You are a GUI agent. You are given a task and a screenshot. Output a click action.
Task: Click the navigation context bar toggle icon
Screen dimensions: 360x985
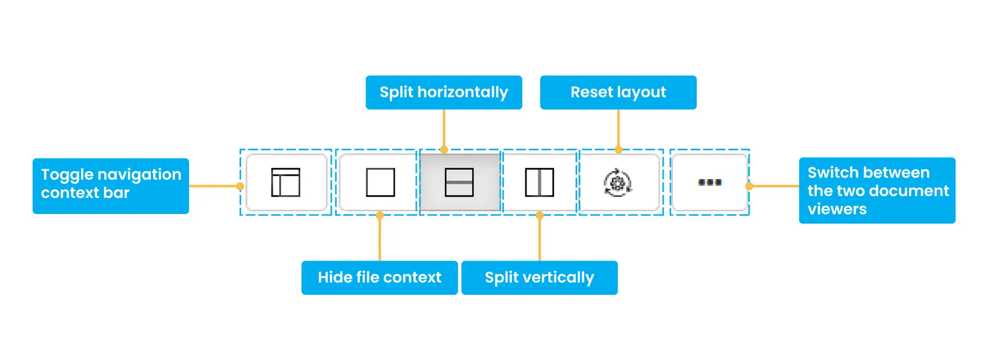tap(286, 183)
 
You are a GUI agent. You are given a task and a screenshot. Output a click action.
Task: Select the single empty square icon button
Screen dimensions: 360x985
tap(380, 183)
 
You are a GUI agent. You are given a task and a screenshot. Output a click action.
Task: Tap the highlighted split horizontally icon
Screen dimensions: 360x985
tap(459, 183)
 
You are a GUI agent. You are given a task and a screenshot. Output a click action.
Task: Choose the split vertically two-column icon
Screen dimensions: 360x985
tap(539, 183)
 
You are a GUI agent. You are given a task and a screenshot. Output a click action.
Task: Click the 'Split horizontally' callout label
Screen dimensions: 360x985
tap(444, 93)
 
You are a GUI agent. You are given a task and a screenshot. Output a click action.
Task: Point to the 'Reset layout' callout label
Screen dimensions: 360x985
tap(618, 93)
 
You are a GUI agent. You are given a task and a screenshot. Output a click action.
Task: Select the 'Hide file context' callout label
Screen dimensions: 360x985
tap(380, 278)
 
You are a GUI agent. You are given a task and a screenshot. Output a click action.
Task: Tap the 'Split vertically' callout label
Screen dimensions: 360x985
tap(539, 278)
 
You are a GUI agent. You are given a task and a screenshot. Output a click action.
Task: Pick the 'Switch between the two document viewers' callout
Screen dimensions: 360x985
tap(877, 191)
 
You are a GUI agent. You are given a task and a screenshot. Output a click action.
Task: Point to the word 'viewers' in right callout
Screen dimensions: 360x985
tap(837, 209)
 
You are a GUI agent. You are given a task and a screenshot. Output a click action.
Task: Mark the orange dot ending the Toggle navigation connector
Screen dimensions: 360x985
tap(240, 186)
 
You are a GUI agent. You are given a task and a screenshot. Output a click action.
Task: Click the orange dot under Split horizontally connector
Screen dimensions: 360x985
tap(444, 150)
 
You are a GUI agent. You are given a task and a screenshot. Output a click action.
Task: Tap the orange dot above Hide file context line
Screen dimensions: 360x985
tap(380, 215)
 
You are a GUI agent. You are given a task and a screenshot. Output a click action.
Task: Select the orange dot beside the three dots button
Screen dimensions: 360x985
tap(749, 186)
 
